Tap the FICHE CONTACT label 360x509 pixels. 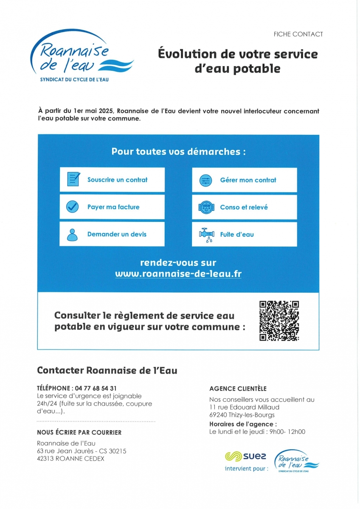[x=298, y=34]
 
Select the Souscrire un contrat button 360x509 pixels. [x=112, y=180]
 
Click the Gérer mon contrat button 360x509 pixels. [x=245, y=180]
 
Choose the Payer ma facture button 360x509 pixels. [x=112, y=207]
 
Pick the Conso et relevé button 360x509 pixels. [x=245, y=207]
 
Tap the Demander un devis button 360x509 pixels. [x=112, y=234]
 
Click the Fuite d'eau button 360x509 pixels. [x=245, y=234]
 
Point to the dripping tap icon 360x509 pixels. [x=207, y=235]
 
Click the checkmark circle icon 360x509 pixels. [x=73, y=207]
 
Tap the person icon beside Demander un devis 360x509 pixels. [x=73, y=235]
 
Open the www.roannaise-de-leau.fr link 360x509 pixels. [x=178, y=274]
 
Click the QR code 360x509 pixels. [x=279, y=321]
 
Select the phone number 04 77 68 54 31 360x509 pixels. [x=95, y=388]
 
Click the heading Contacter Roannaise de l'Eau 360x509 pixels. [x=107, y=370]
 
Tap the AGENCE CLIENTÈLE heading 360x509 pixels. [x=238, y=389]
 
